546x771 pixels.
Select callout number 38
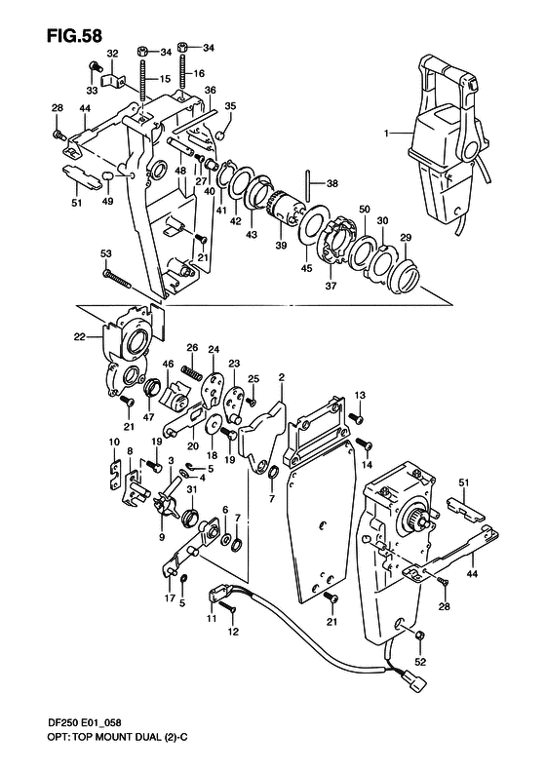click(x=332, y=183)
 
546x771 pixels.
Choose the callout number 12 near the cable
click(x=233, y=631)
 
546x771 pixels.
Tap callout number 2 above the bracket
click(x=281, y=377)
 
